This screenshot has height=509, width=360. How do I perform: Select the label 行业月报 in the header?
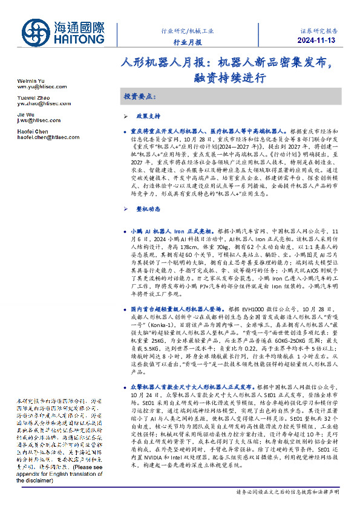click(188, 42)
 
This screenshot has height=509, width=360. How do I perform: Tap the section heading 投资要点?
click(139, 97)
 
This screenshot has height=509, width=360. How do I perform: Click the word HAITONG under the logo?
click(77, 38)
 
